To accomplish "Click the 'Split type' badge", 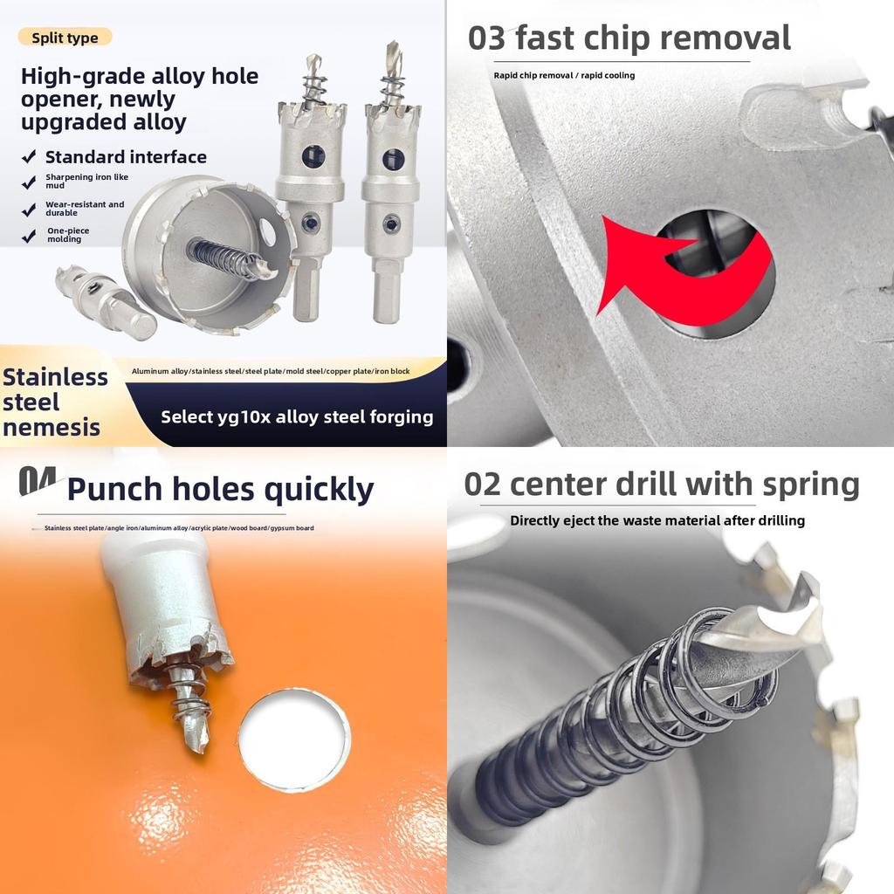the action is [x=65, y=38].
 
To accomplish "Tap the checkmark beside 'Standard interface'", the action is [x=29, y=157].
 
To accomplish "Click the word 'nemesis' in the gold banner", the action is [x=52, y=428].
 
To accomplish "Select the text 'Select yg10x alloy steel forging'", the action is [x=297, y=417].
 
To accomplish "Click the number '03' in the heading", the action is [x=486, y=38].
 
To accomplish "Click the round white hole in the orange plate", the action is [x=294, y=740].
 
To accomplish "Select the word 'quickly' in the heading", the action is [x=319, y=490].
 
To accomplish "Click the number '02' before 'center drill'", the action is [x=482, y=485].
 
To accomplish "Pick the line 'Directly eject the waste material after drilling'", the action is [x=657, y=520].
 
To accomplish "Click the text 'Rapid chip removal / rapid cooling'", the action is [x=564, y=75].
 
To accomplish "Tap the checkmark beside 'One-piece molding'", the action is [x=29, y=236].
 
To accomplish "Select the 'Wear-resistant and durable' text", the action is [x=85, y=208].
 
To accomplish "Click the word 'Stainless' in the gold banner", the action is [x=55, y=377].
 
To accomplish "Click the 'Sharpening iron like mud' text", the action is [x=86, y=181].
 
